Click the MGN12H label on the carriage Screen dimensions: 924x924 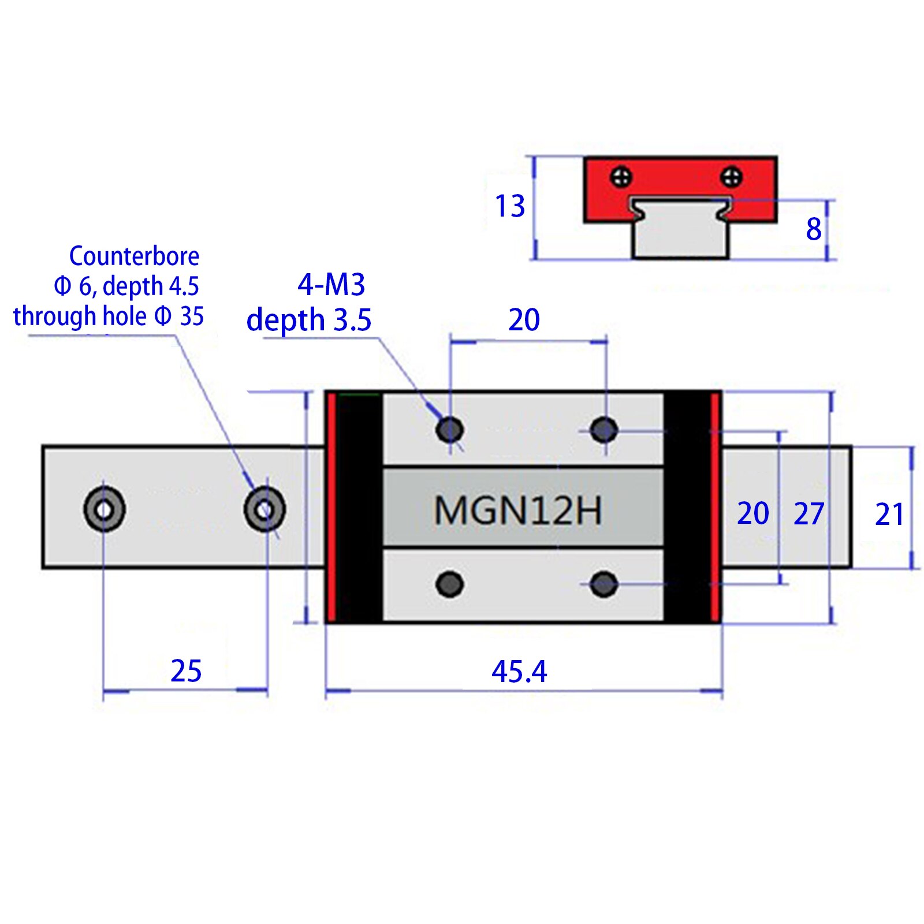(517, 511)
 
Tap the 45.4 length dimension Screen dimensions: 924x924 (519, 672)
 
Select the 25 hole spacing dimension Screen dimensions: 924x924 (186, 671)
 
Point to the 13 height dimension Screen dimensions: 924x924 (510, 206)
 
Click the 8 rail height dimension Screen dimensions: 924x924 (814, 229)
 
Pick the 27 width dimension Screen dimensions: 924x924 (808, 514)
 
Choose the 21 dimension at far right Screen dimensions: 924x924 (889, 515)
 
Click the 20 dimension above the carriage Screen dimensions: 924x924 (524, 319)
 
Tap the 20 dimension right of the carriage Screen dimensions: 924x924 (752, 513)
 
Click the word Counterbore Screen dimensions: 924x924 (134, 256)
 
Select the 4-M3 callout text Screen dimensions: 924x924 (331, 285)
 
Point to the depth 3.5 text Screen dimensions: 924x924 (308, 320)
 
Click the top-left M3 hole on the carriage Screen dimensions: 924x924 (449, 430)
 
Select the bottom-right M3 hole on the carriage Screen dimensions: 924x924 (604, 584)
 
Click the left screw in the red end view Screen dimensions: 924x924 (621, 177)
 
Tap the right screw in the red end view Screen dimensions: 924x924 (731, 177)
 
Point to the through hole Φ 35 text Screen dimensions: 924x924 (109, 316)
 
